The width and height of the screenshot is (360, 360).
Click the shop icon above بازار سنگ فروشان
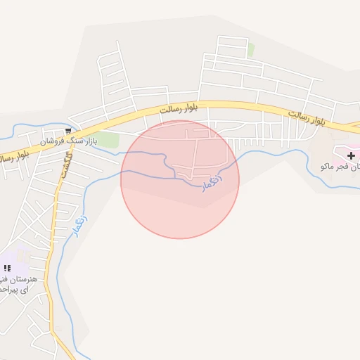(68, 131)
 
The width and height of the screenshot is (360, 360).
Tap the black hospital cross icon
(352, 155)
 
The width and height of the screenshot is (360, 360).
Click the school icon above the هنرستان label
(7, 268)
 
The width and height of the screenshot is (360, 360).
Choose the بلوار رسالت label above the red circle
(179, 109)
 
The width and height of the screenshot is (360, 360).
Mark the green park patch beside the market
(108, 139)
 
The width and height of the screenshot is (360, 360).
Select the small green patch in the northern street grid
(251, 50)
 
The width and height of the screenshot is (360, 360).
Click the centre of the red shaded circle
(180, 179)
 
